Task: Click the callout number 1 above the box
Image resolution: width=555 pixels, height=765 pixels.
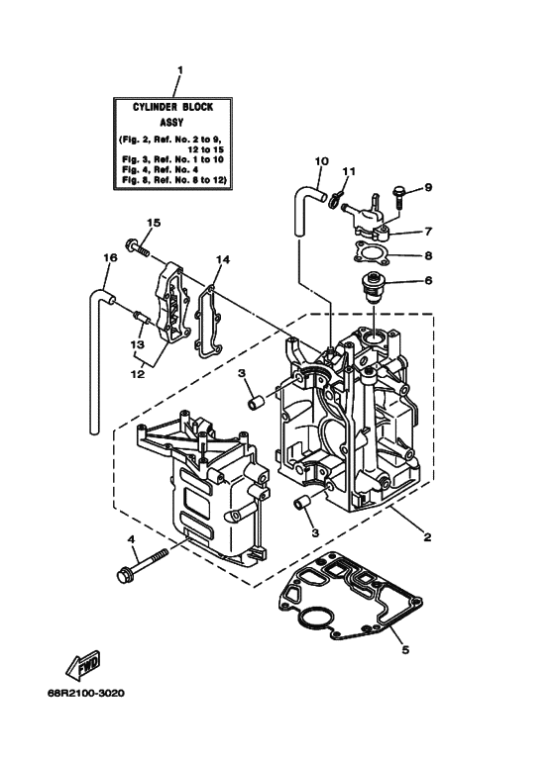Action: pos(179,70)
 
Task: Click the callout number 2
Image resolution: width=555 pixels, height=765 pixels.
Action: pos(427,538)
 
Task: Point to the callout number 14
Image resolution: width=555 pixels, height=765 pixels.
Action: pos(223,259)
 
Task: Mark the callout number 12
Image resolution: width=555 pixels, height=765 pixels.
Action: pos(138,375)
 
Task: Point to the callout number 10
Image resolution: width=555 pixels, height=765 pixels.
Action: pos(321,160)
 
